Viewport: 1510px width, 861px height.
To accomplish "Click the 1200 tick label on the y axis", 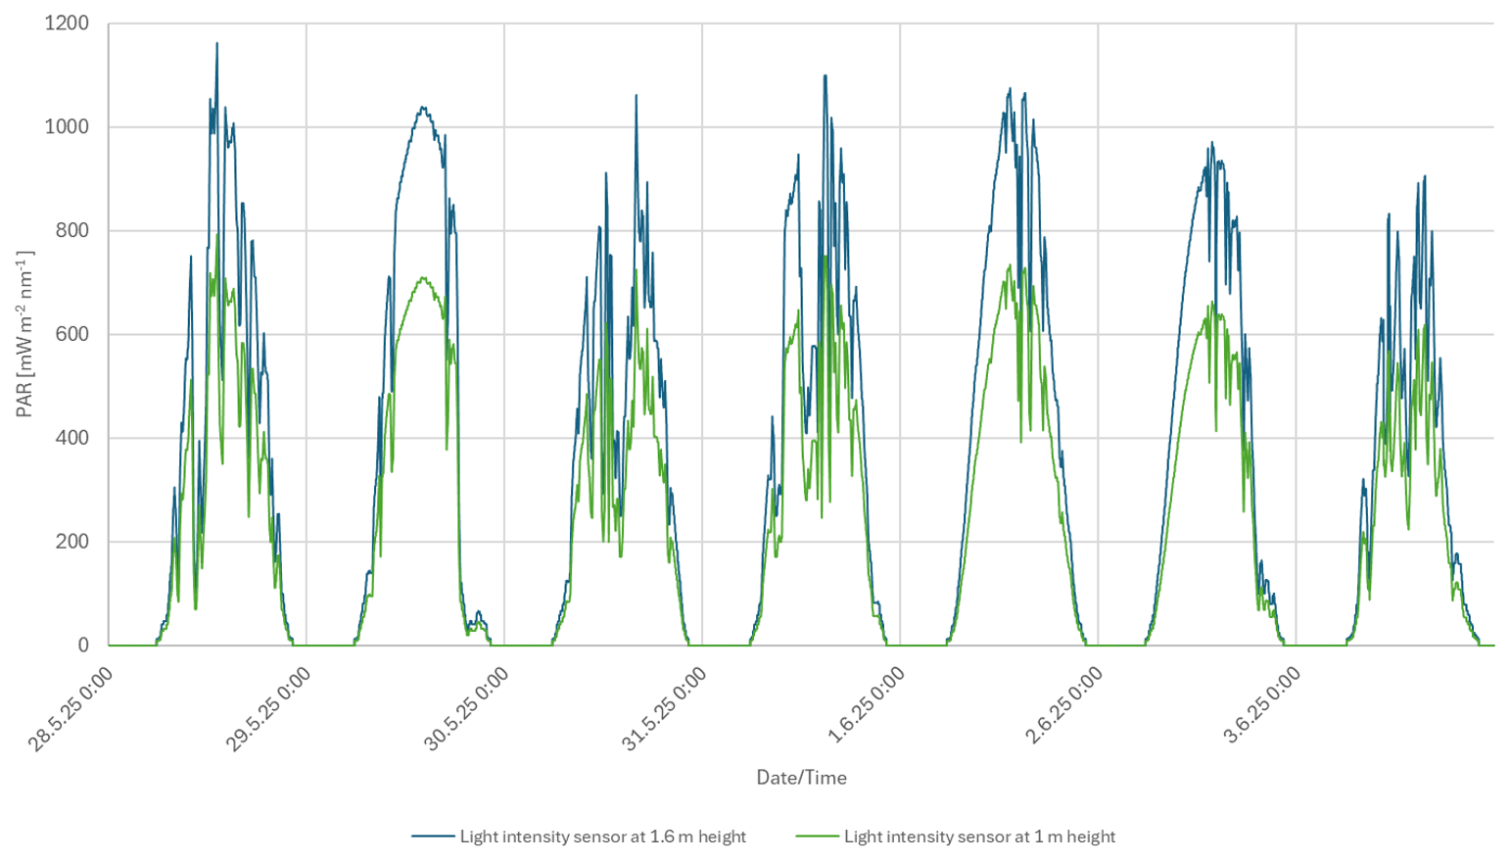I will (67, 24).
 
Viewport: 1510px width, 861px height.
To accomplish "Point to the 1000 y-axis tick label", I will (67, 127).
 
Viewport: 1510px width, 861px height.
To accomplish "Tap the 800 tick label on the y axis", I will (71, 231).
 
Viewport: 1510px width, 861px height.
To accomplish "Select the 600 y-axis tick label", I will (71, 335).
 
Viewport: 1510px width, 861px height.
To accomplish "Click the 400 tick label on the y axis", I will (71, 438).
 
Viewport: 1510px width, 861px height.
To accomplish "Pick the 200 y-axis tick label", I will (71, 542).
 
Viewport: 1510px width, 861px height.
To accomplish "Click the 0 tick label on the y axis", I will (83, 646).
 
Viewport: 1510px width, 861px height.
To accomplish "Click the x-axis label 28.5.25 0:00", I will (71, 709).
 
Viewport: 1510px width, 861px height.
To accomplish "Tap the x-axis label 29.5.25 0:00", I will (268, 709).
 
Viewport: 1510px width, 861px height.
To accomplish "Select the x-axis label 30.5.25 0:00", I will (466, 709).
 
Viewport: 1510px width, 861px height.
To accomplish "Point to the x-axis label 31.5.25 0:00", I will (664, 709).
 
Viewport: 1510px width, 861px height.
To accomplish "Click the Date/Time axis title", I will (801, 778).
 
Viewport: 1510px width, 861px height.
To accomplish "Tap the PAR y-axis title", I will (25, 334).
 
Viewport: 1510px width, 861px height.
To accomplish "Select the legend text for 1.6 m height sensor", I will (602, 837).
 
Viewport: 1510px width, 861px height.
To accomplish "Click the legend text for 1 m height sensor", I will (979, 837).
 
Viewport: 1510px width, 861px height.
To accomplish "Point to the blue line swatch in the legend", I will (433, 837).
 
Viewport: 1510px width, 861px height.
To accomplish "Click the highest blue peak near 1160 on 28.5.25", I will (216, 44).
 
